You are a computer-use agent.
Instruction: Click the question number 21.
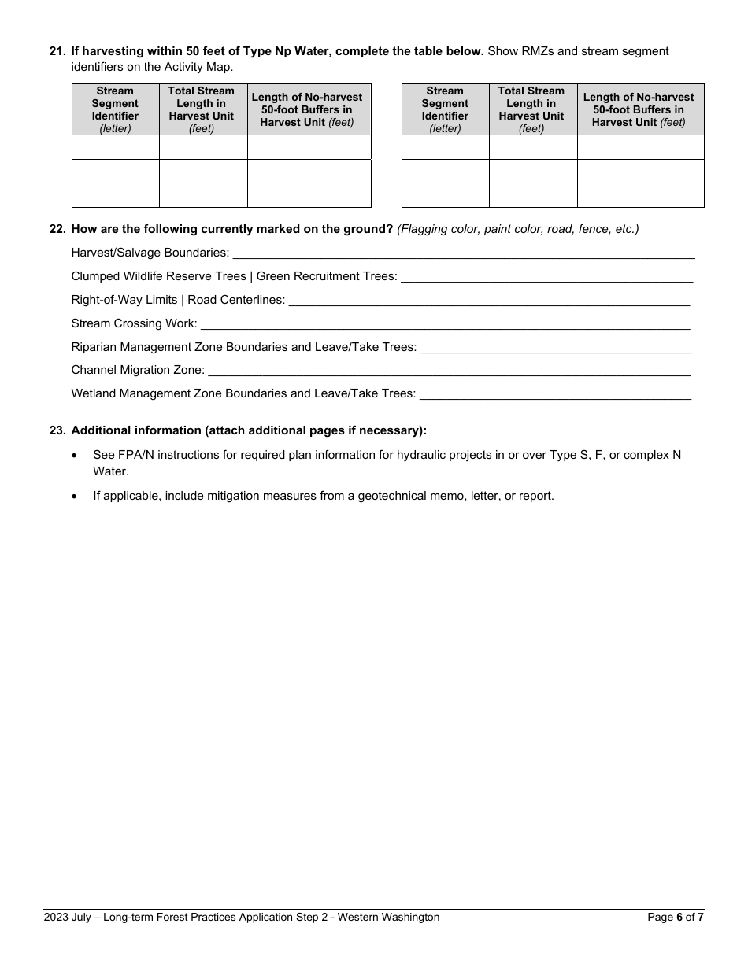coord(56,51)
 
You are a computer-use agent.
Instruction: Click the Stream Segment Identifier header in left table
coord(115,109)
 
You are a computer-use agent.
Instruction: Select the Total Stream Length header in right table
coord(531,109)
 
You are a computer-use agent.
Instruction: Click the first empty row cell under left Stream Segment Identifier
coord(115,147)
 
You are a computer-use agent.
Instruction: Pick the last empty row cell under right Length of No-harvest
coord(640,195)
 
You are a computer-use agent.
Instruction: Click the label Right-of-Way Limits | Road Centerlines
coord(178,300)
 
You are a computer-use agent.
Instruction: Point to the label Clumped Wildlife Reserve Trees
coord(158,276)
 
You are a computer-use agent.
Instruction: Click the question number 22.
coord(56,229)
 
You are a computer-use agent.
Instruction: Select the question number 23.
coord(56,430)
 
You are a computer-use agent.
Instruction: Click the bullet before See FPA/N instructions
coord(75,455)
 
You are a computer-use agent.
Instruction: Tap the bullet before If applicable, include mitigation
coord(75,496)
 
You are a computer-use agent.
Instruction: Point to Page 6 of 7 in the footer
coord(675,917)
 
